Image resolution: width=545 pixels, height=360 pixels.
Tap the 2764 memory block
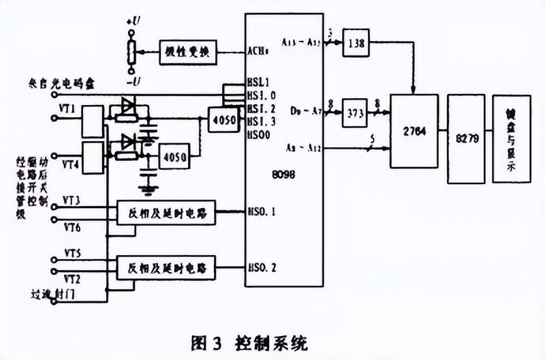(x=412, y=132)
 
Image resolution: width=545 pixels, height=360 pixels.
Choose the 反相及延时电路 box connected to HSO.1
(x=166, y=213)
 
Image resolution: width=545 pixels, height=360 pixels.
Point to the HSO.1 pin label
(x=262, y=212)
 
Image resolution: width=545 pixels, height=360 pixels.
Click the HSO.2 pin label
(x=262, y=267)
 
